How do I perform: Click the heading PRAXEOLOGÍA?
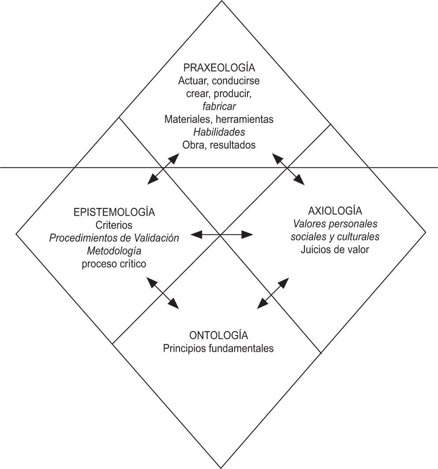click(219, 68)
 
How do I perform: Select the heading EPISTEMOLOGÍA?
click(114, 212)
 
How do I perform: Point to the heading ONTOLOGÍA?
click(218, 335)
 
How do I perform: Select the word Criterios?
click(114, 225)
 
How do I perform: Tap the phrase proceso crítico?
click(114, 264)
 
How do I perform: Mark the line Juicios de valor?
click(335, 249)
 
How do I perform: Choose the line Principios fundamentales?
click(218, 348)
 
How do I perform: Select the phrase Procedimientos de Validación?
click(114, 238)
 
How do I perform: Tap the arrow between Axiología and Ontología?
click(273, 292)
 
